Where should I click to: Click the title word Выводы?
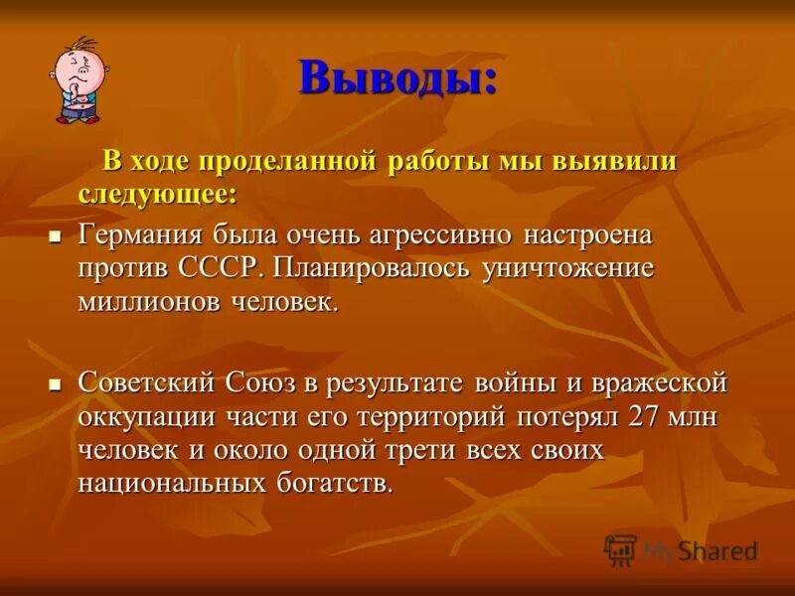397,76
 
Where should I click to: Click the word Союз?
264,382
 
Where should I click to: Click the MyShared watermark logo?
682,549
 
